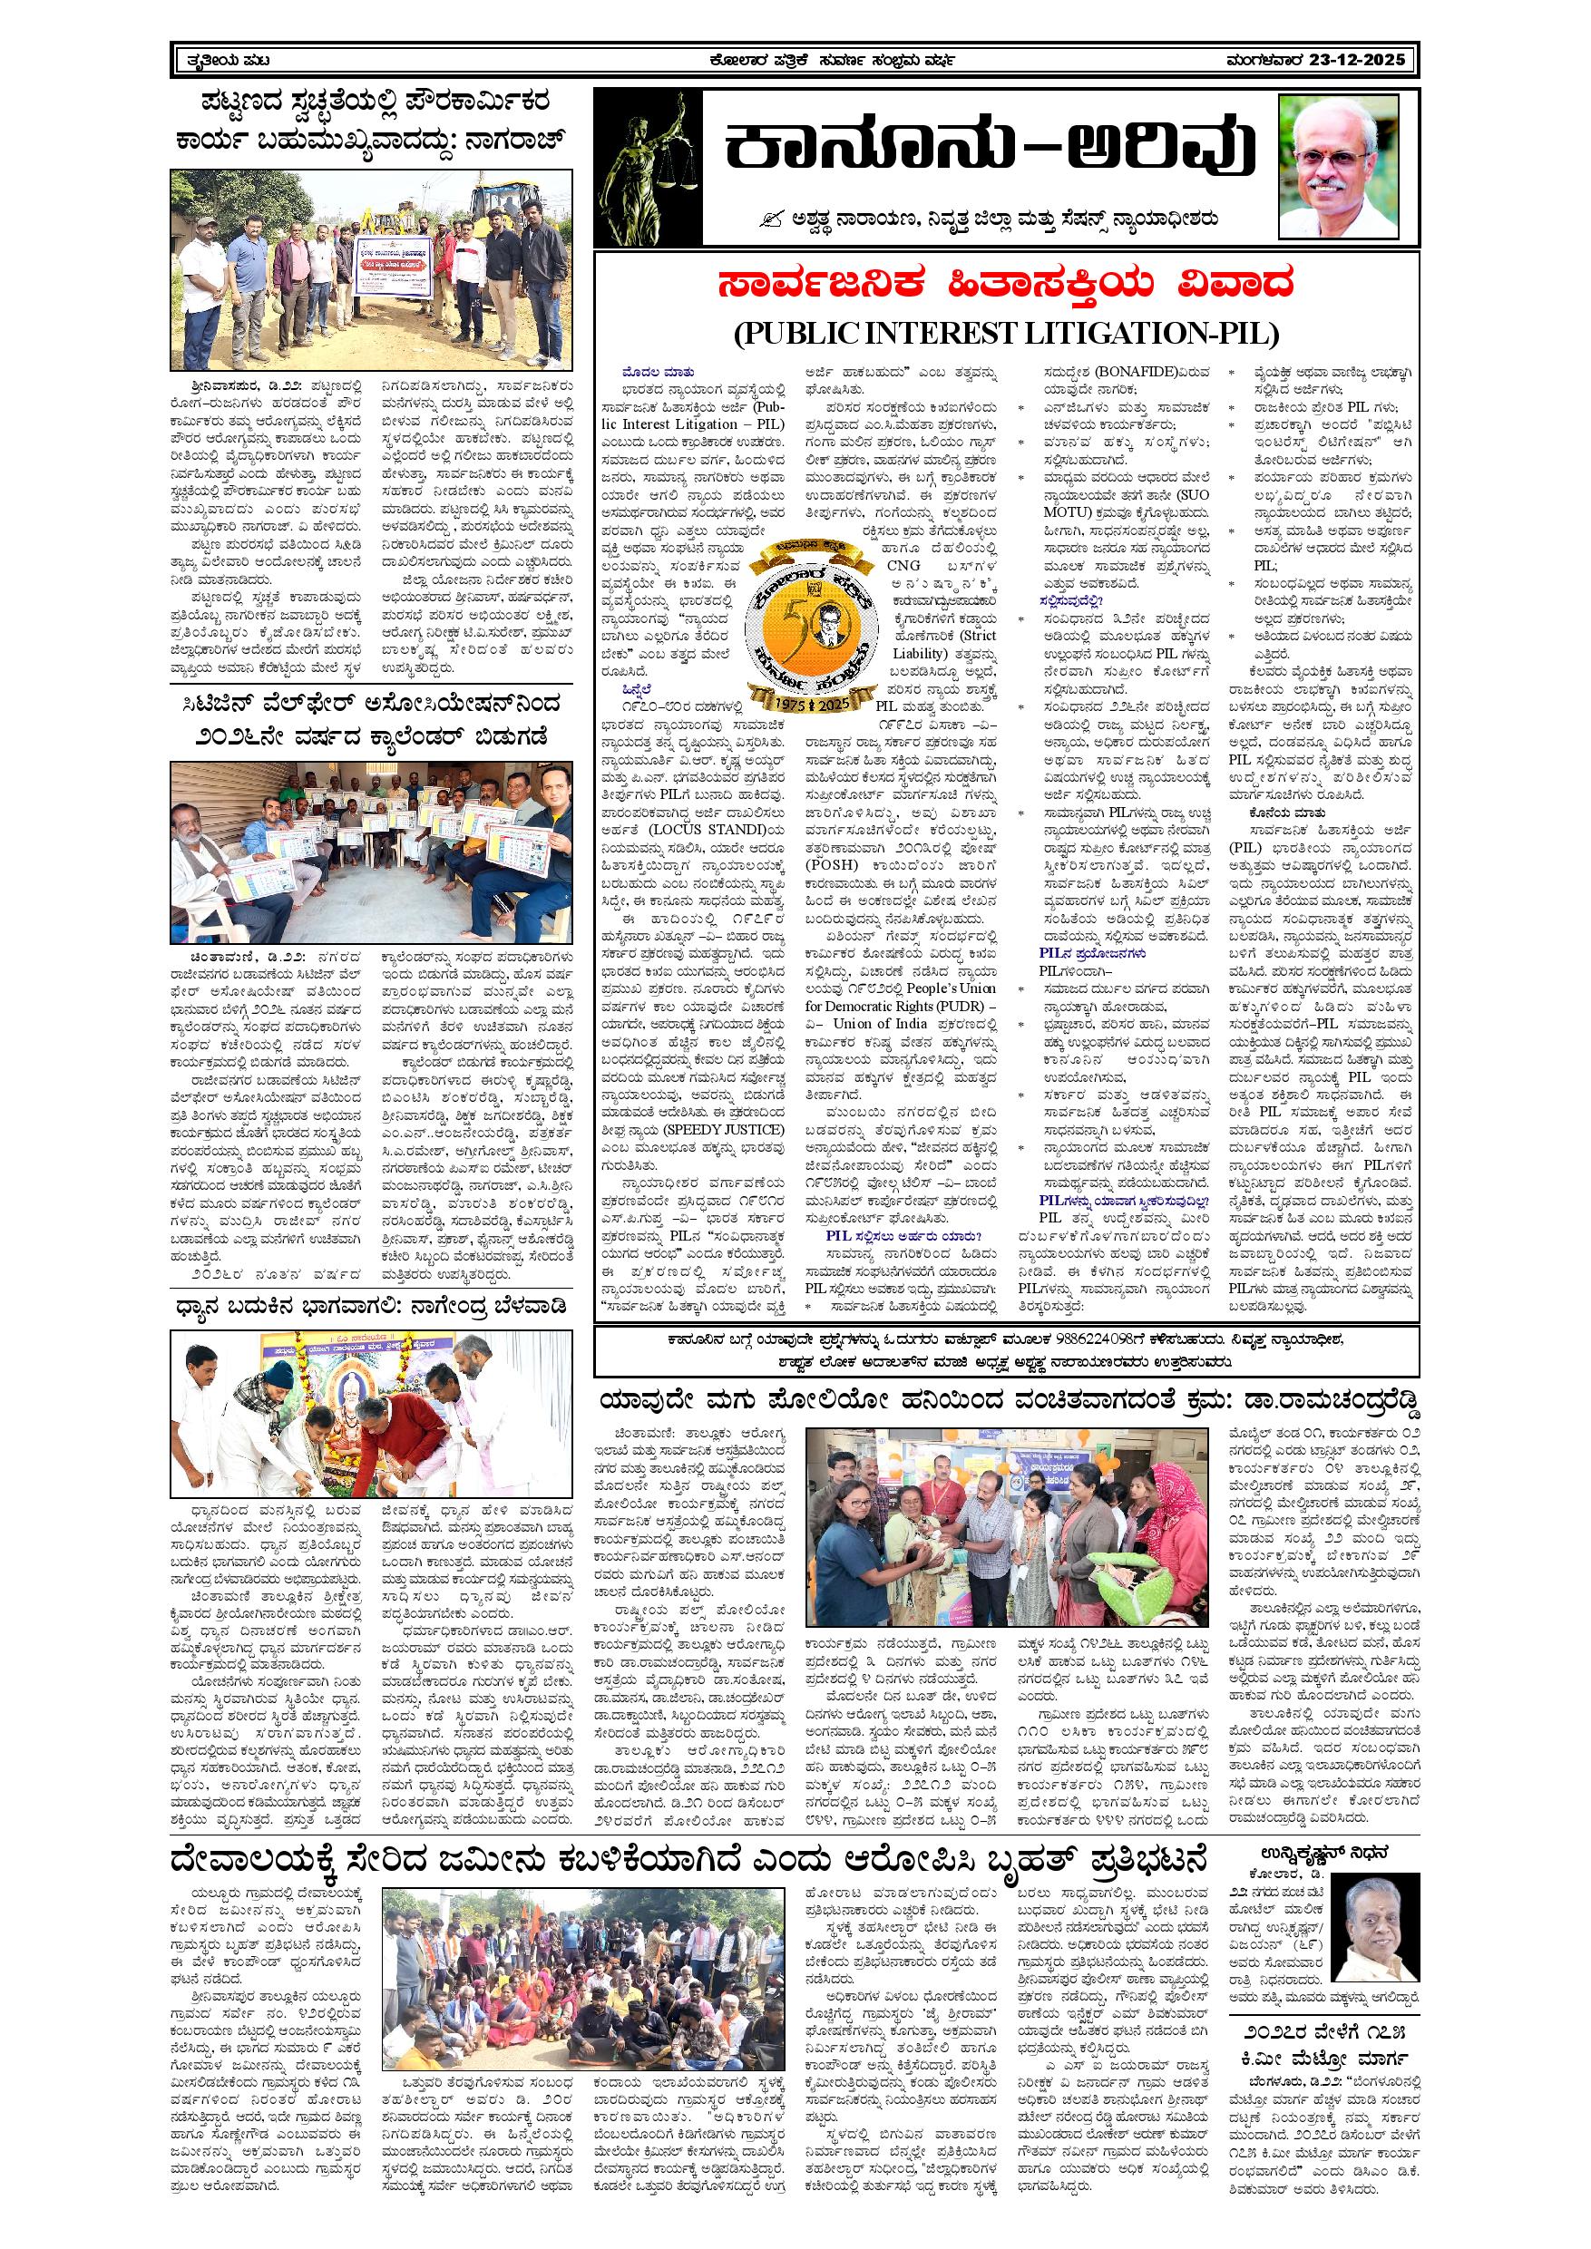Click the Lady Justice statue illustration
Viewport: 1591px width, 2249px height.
click(x=648, y=168)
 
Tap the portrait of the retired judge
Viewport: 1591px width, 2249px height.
click(x=1339, y=164)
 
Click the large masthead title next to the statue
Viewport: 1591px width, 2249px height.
click(x=990, y=151)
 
